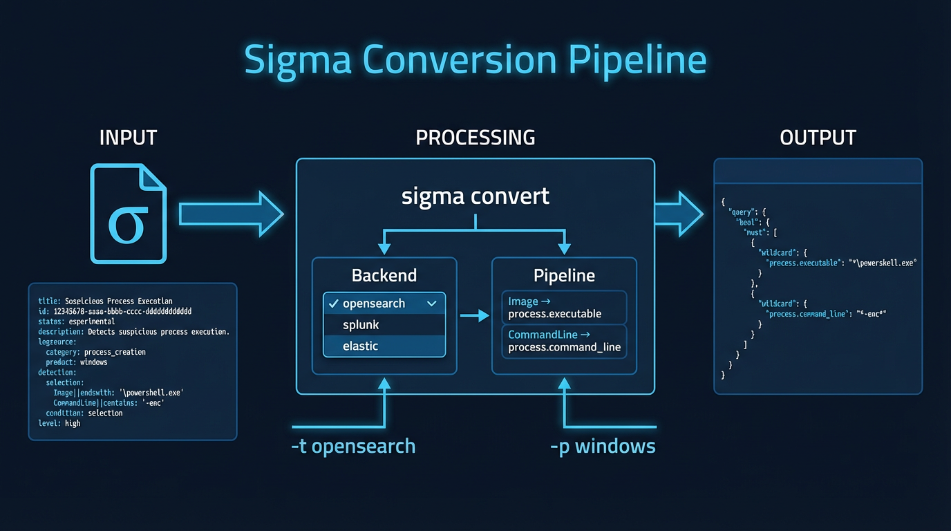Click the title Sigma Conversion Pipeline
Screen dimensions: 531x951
[x=475, y=59]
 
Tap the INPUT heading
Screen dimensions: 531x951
[x=129, y=137]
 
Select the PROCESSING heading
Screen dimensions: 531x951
[x=475, y=137]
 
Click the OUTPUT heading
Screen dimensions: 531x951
[x=818, y=137]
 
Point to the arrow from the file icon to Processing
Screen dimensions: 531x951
[x=232, y=214]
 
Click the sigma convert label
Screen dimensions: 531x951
[x=475, y=196]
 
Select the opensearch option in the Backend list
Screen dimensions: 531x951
[x=374, y=304]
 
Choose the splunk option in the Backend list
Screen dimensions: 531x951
[x=361, y=325]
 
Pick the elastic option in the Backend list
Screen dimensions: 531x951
[x=361, y=346]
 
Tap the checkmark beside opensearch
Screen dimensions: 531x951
[x=333, y=304]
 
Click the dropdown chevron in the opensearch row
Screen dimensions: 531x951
[x=432, y=304]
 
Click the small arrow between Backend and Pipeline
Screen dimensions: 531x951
[x=474, y=316]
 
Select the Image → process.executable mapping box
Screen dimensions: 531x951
[x=563, y=308]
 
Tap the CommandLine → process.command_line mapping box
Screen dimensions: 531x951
[x=563, y=341]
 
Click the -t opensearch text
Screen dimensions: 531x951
[x=353, y=446]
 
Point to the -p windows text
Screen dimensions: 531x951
[x=603, y=446]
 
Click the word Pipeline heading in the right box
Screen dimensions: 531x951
[x=564, y=275]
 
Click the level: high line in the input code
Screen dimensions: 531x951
[x=59, y=423]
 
